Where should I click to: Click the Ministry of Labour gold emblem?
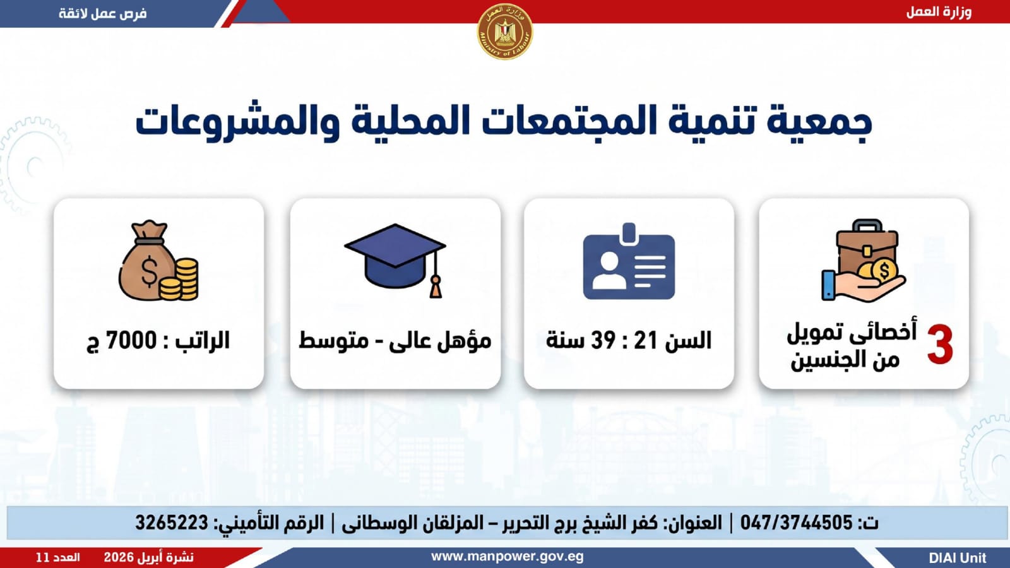point(505,31)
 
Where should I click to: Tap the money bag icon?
point(158,261)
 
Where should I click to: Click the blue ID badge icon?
point(629,261)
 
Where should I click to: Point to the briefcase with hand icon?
point(864,261)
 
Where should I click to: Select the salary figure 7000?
point(131,340)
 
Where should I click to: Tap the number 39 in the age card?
point(603,340)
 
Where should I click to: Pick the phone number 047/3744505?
point(796,523)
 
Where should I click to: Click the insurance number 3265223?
point(172,523)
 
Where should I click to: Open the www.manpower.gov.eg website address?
point(508,557)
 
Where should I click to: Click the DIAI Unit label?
point(958,558)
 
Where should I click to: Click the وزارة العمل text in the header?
point(939,12)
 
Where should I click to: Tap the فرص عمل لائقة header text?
point(103,13)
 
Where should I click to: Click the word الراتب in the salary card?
point(203,340)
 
